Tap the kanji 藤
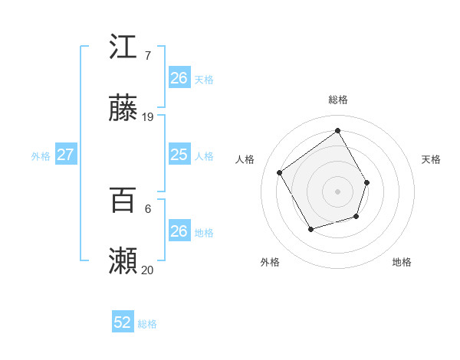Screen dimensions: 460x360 click(123, 109)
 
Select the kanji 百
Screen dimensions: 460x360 click(123, 201)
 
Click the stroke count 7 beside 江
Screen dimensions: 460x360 click(147, 56)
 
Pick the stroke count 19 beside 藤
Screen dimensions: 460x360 click(148, 117)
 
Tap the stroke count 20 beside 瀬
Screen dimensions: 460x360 click(148, 270)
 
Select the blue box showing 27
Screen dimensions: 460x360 click(65, 155)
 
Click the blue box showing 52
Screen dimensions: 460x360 click(123, 323)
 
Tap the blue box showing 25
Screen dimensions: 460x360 click(179, 155)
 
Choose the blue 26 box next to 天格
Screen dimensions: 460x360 click(179, 78)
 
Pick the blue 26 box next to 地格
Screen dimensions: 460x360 click(179, 231)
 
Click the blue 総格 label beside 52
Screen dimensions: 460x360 click(148, 324)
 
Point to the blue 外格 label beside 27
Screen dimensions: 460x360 click(41, 156)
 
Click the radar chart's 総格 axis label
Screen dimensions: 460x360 click(337, 100)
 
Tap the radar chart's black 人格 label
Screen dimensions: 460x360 click(245, 159)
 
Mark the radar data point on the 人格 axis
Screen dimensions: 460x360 click(280, 172)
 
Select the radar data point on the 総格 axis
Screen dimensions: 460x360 click(337, 130)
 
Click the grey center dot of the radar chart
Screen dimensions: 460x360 click(337, 191)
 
